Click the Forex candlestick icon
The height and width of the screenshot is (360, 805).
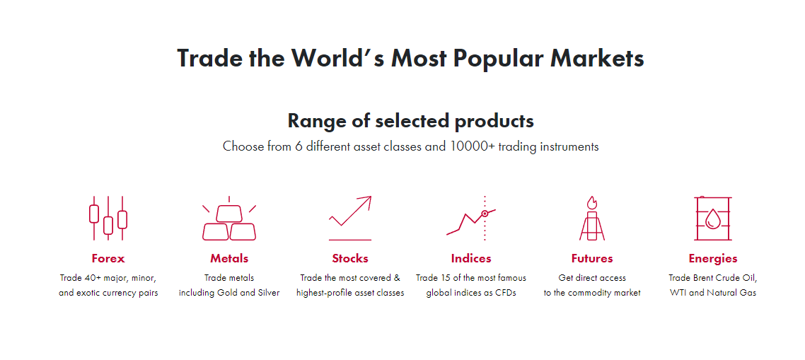coord(108,218)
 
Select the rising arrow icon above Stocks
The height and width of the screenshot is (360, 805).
coord(350,218)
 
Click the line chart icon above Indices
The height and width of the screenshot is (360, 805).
coord(471,218)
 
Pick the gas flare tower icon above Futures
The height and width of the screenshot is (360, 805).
coord(592,218)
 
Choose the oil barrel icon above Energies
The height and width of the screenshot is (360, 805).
coord(712,218)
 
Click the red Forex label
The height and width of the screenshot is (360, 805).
coord(108,258)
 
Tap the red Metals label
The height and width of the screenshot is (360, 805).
coord(229,258)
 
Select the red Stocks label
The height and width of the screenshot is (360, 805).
coord(350,258)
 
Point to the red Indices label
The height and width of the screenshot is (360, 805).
coord(471,258)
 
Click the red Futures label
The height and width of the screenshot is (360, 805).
coord(592,258)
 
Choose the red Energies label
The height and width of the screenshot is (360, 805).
coord(713,259)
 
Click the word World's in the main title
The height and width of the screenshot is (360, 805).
coord(327,58)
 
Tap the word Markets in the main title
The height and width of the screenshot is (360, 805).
coord(597,58)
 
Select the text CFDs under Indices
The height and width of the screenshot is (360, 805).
coord(504,293)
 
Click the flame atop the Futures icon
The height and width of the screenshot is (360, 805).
coord(592,202)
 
